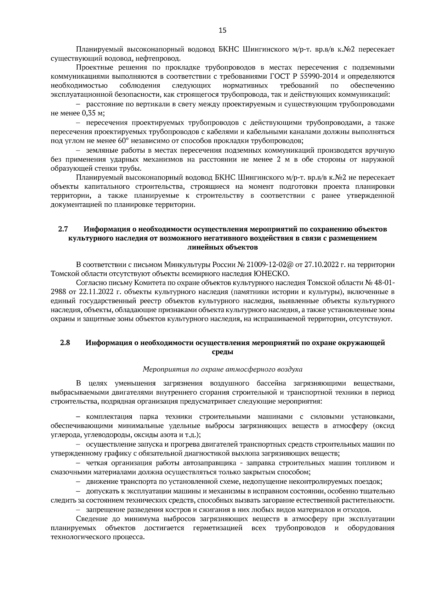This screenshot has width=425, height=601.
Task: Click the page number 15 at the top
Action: click(x=222, y=30)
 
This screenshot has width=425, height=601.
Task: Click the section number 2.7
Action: click(x=63, y=229)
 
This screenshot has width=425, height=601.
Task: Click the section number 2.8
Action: click(x=65, y=343)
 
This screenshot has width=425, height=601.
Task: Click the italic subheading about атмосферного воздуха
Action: click(x=222, y=369)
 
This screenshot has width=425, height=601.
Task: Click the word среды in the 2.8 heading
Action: click(x=222, y=352)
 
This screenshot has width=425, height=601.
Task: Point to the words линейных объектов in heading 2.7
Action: click(x=222, y=247)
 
